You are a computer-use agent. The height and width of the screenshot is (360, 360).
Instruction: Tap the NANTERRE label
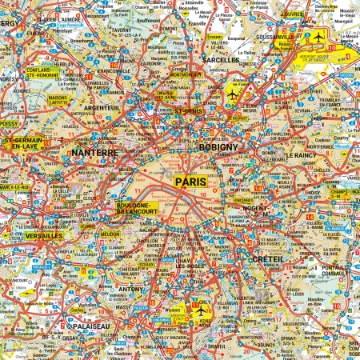[x=94, y=152]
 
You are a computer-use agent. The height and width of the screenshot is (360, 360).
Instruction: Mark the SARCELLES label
[x=221, y=60]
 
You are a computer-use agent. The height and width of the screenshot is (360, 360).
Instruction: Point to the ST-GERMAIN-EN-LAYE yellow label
[x=22, y=143]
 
